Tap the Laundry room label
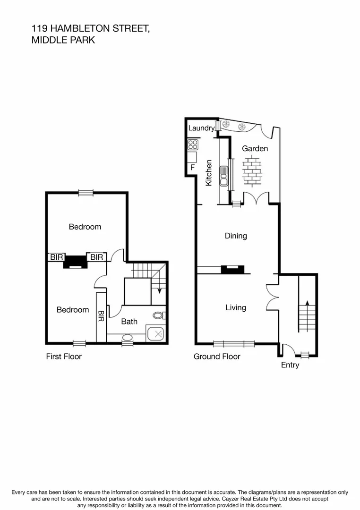[x=201, y=128]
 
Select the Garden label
[x=255, y=148]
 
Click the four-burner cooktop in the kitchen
[x=193, y=144]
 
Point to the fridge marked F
[x=192, y=167]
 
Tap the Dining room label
[x=236, y=236]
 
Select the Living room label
[x=235, y=307]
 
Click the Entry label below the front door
[x=290, y=365]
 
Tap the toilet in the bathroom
[x=159, y=315]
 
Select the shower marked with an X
[x=156, y=334]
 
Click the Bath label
[x=129, y=322]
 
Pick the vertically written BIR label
[x=101, y=315]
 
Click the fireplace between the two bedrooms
[x=75, y=261]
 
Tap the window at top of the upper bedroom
[x=86, y=193]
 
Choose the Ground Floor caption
[x=217, y=357]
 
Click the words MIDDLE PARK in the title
[x=63, y=41]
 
